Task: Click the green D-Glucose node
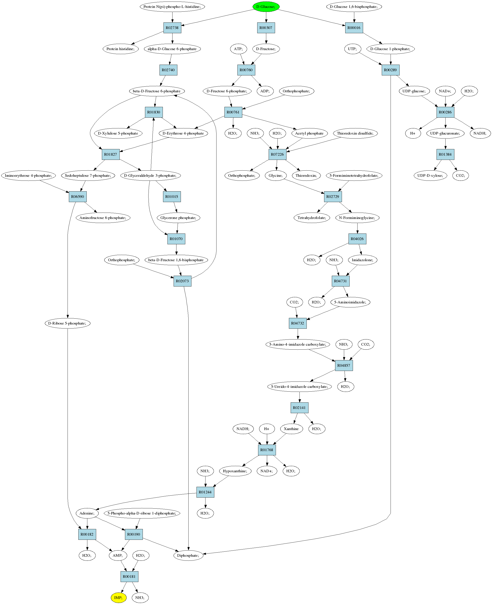pos(266,7)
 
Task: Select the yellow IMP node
pos(118,597)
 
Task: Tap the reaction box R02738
pos(172,28)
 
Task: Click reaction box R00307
pos(266,28)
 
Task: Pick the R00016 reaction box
pos(354,28)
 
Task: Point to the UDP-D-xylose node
pos(430,175)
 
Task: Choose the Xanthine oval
pos(291,429)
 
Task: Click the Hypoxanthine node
pos(235,471)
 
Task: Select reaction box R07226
pos(277,154)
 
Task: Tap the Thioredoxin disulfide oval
pos(355,133)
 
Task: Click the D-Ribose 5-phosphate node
pos(68,323)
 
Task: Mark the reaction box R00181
pos(129,577)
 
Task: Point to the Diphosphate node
pos(188,555)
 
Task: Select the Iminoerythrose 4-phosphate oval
pos(28,175)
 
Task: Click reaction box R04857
pos(344,365)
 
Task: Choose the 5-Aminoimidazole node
pos(350,302)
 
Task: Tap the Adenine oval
pos(87,513)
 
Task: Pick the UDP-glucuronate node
pos(445,133)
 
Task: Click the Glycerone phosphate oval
pos(178,218)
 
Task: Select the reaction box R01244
pos(205,492)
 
